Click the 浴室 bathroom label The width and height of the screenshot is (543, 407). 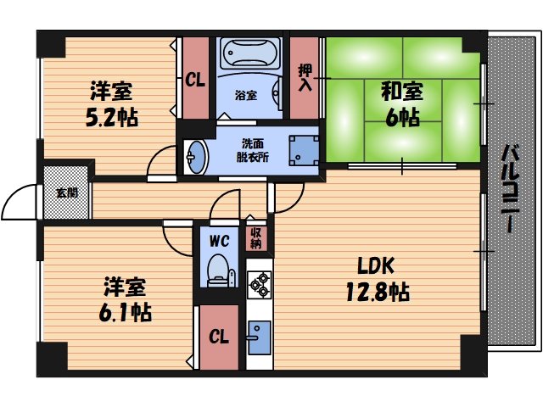point(246,96)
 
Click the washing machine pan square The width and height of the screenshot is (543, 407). point(302,151)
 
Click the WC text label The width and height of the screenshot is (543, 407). point(219,240)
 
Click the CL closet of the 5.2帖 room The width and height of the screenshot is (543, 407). point(194,81)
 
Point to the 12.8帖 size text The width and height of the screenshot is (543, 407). point(378,293)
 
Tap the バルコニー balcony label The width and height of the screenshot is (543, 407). point(511,189)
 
